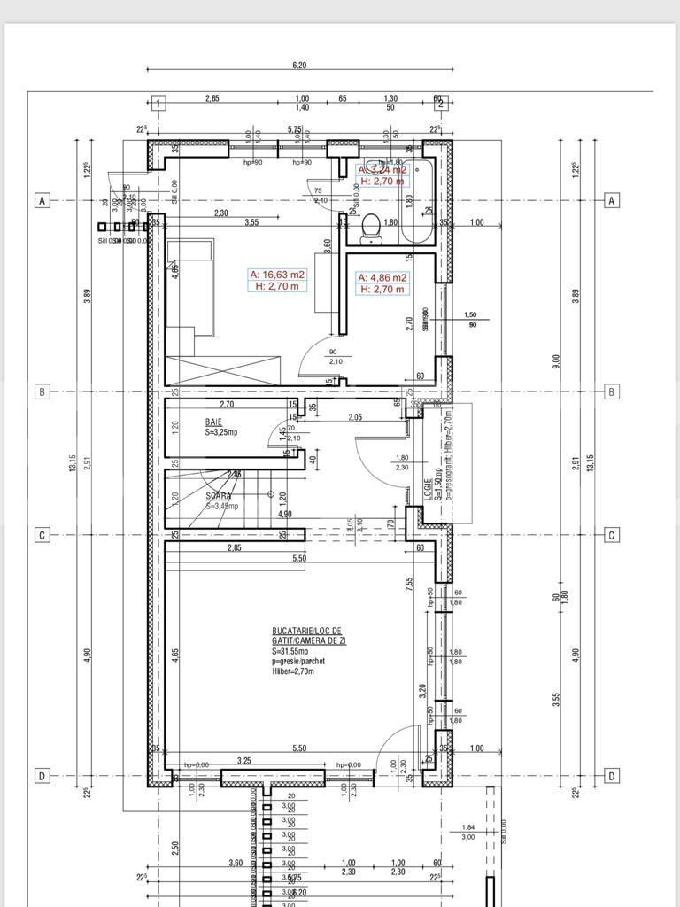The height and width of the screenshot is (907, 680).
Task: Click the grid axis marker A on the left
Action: [x=41, y=200]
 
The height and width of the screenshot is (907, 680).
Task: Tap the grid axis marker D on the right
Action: [x=611, y=776]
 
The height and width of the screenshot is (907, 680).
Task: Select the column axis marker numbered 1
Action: [x=158, y=104]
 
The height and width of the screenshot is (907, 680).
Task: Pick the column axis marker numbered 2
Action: [x=440, y=104]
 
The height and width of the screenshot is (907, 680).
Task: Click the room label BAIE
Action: [x=213, y=422]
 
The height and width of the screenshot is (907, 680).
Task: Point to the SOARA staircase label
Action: [x=220, y=496]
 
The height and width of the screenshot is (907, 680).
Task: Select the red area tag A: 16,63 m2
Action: [x=277, y=280]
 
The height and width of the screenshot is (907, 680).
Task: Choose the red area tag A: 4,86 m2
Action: [x=382, y=283]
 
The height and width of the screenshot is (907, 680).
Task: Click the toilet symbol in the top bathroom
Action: [x=372, y=228]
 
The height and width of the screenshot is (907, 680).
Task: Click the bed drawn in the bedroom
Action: [x=190, y=287]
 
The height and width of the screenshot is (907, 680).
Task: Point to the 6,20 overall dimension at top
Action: [x=299, y=65]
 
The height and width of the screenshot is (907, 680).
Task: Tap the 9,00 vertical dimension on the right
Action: [x=556, y=361]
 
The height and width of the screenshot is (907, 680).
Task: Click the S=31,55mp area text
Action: [x=293, y=652]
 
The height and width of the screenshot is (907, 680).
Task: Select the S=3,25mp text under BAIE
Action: [x=222, y=433]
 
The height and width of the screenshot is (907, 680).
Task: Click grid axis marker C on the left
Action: [x=41, y=535]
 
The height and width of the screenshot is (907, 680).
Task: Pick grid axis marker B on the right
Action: [x=611, y=391]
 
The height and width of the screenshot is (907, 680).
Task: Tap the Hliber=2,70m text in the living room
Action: [x=293, y=672]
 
